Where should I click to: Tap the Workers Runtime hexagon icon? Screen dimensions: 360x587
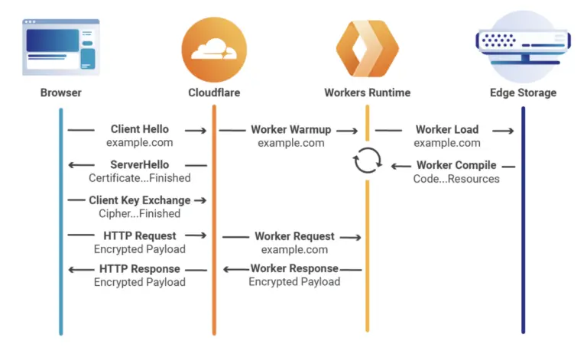[367, 47]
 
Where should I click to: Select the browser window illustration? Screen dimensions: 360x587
[61, 46]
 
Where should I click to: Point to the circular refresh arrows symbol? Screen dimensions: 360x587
[367, 162]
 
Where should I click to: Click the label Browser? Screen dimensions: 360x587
[61, 93]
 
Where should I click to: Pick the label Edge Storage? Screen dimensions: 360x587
[523, 93]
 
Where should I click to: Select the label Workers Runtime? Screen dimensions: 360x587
[367, 93]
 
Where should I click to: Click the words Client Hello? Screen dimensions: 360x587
[140, 130]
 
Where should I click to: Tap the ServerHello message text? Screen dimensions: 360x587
[140, 165]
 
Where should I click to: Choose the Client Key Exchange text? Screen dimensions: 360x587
[139, 200]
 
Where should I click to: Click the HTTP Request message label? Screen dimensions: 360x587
[140, 236]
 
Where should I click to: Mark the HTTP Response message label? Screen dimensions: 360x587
[140, 269]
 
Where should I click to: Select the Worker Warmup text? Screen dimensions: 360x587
[290, 130]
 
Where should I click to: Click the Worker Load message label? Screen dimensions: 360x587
[447, 130]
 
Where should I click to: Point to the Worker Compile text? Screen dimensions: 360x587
[456, 165]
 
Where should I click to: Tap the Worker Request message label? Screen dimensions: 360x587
[294, 237]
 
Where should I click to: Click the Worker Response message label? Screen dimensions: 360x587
[294, 269]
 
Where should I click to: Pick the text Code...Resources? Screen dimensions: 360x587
[456, 179]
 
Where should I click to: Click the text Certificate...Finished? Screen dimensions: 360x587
[140, 179]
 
